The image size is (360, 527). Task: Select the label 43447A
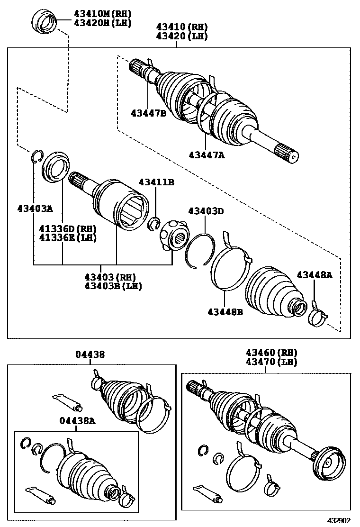pyautogui.click(x=206, y=154)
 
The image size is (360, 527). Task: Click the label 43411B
pyautogui.click(x=156, y=182)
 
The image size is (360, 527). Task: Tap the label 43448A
pyautogui.click(x=314, y=275)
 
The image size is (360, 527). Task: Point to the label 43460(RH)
pyautogui.click(x=271, y=353)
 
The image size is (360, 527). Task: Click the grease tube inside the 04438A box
pyautogui.click(x=40, y=493)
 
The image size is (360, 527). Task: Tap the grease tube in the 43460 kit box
pyautogui.click(x=208, y=493)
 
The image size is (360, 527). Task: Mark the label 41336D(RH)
pyautogui.click(x=68, y=228)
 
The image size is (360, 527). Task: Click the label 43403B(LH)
pyautogui.click(x=113, y=286)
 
